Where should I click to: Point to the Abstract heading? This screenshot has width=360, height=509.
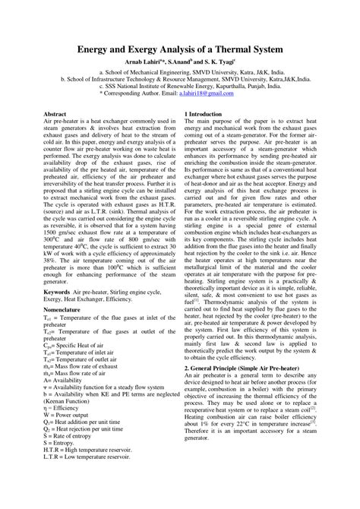coord(58,112)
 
